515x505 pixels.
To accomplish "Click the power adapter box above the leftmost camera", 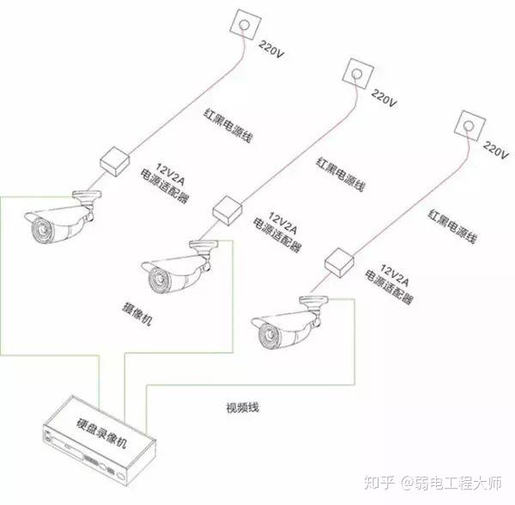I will tap(111, 160).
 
